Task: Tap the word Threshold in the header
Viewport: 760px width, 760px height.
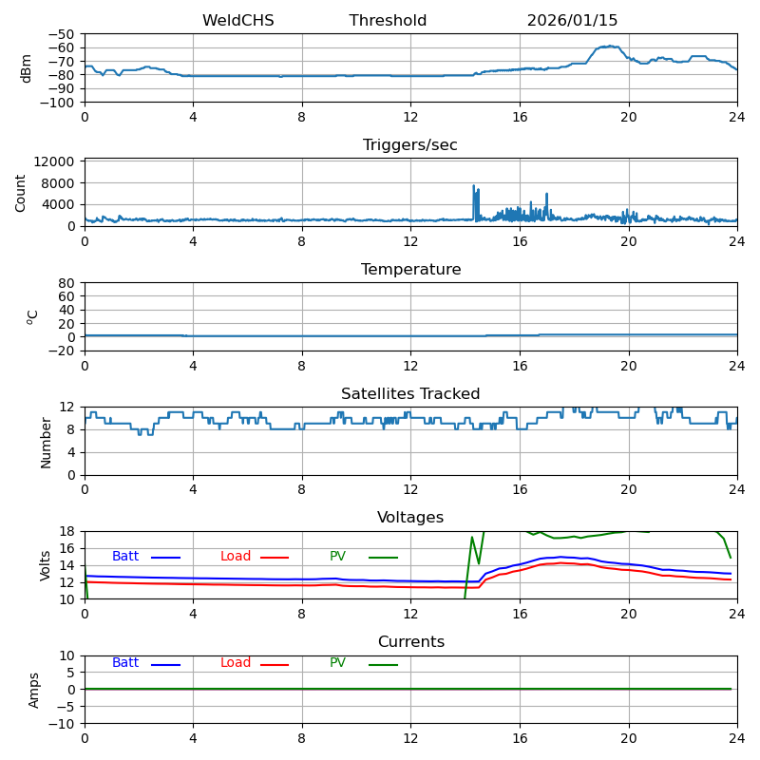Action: pos(388,21)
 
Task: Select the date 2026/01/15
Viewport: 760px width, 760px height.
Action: pos(572,21)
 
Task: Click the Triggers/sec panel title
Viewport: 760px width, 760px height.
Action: pos(410,145)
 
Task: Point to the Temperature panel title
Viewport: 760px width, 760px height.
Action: pos(410,270)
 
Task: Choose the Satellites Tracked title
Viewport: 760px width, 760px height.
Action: pos(410,394)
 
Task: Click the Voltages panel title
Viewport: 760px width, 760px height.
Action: pos(410,518)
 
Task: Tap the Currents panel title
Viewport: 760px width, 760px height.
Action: pos(410,642)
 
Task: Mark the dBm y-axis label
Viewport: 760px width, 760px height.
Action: pos(27,68)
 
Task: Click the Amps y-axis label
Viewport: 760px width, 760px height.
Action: pos(34,690)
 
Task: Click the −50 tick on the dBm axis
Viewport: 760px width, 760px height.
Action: pos(62,34)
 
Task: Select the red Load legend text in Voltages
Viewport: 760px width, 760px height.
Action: pos(236,557)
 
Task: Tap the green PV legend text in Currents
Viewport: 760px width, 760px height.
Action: pos(337,663)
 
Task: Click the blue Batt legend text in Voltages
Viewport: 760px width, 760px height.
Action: pos(125,557)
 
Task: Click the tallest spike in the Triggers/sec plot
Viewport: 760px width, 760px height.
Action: pos(473,186)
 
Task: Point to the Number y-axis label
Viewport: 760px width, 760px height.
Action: pos(47,442)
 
